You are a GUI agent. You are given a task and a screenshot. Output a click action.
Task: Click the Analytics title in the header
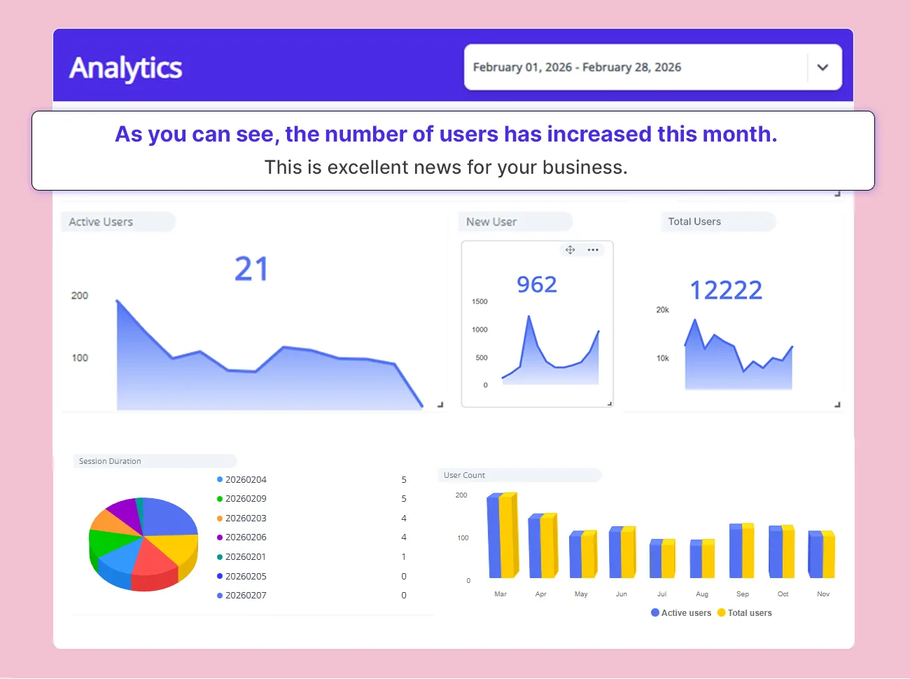pos(126,68)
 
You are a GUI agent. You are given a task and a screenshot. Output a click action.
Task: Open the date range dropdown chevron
pos(822,67)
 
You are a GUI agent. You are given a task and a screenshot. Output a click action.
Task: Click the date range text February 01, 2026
pos(522,67)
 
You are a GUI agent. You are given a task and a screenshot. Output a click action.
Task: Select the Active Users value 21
pos(251,269)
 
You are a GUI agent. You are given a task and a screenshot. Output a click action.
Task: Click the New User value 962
pos(536,284)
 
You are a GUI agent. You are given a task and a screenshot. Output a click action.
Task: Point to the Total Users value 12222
pos(726,290)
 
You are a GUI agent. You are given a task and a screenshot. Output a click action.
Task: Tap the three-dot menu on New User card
pos(593,250)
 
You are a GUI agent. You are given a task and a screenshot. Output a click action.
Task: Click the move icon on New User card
pos(570,250)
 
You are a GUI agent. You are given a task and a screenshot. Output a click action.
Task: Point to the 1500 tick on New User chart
pos(479,301)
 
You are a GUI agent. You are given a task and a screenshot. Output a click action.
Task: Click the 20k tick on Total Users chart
pos(662,310)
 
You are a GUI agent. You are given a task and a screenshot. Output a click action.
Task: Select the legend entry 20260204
pos(245,480)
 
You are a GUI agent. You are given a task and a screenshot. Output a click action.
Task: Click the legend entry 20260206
pos(245,537)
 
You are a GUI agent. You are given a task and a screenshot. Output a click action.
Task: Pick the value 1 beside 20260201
pos(404,557)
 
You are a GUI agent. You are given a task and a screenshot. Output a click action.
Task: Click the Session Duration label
pos(110,461)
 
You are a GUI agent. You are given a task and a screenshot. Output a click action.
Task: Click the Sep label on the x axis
pos(743,594)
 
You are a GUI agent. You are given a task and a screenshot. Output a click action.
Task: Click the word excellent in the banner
pos(367,167)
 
